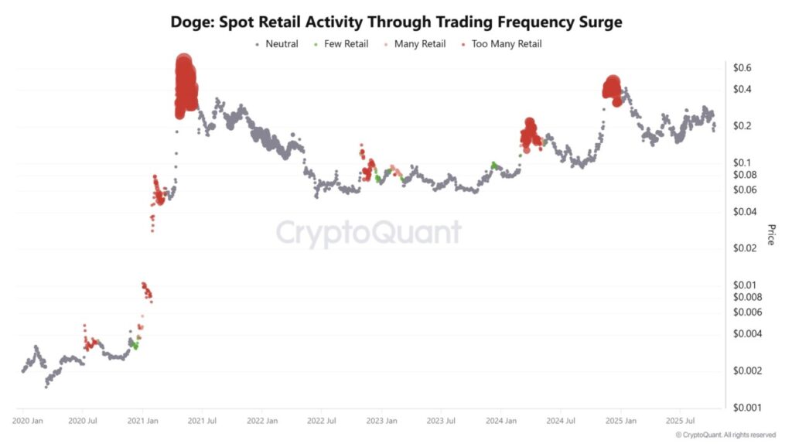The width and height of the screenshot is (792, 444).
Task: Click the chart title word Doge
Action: click(x=191, y=22)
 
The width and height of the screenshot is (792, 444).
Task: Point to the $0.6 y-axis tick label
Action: click(x=742, y=68)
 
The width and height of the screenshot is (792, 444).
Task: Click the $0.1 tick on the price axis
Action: click(x=742, y=162)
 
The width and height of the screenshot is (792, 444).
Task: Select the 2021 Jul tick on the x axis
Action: click(x=202, y=422)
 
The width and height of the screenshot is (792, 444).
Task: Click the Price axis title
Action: click(x=770, y=234)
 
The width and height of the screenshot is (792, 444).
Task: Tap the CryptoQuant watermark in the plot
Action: click(x=369, y=232)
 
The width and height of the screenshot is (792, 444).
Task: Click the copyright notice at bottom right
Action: click(x=725, y=435)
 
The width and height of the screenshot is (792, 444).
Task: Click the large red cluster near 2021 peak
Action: click(x=185, y=85)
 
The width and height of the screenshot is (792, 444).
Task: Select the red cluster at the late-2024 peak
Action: click(x=612, y=88)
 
